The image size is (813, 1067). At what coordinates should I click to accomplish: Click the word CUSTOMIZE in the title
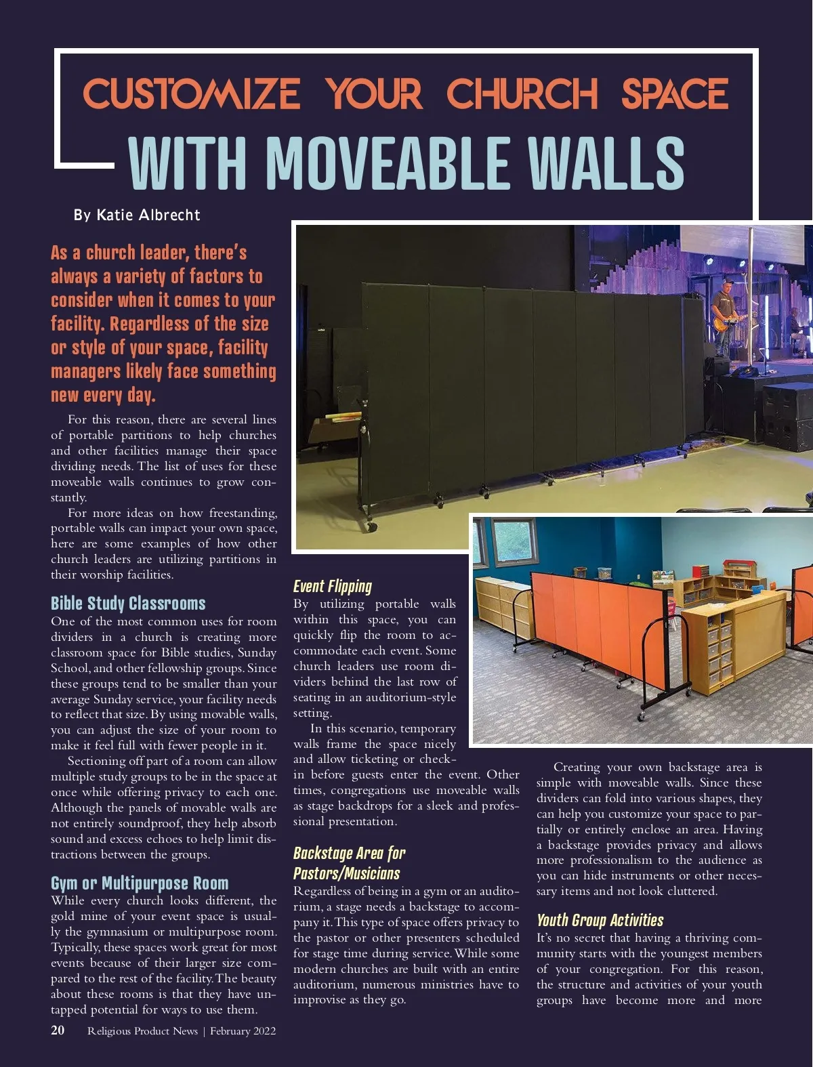point(191,94)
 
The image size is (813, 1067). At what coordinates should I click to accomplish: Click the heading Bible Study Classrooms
point(128,603)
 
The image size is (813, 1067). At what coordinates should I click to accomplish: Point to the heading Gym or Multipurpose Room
point(140,883)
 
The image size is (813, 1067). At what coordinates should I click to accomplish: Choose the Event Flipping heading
point(332,586)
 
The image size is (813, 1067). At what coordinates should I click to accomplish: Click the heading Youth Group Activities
point(600,920)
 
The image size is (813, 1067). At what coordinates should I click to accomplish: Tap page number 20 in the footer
point(58,1030)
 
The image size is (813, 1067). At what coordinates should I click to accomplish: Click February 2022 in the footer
point(243,1031)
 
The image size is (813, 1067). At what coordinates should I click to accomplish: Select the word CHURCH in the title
point(522,94)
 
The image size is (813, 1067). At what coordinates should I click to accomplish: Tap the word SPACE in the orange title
point(675,94)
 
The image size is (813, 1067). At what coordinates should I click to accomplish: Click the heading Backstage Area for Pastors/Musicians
point(349,863)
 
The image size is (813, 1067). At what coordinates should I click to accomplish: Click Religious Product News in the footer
point(142,1031)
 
